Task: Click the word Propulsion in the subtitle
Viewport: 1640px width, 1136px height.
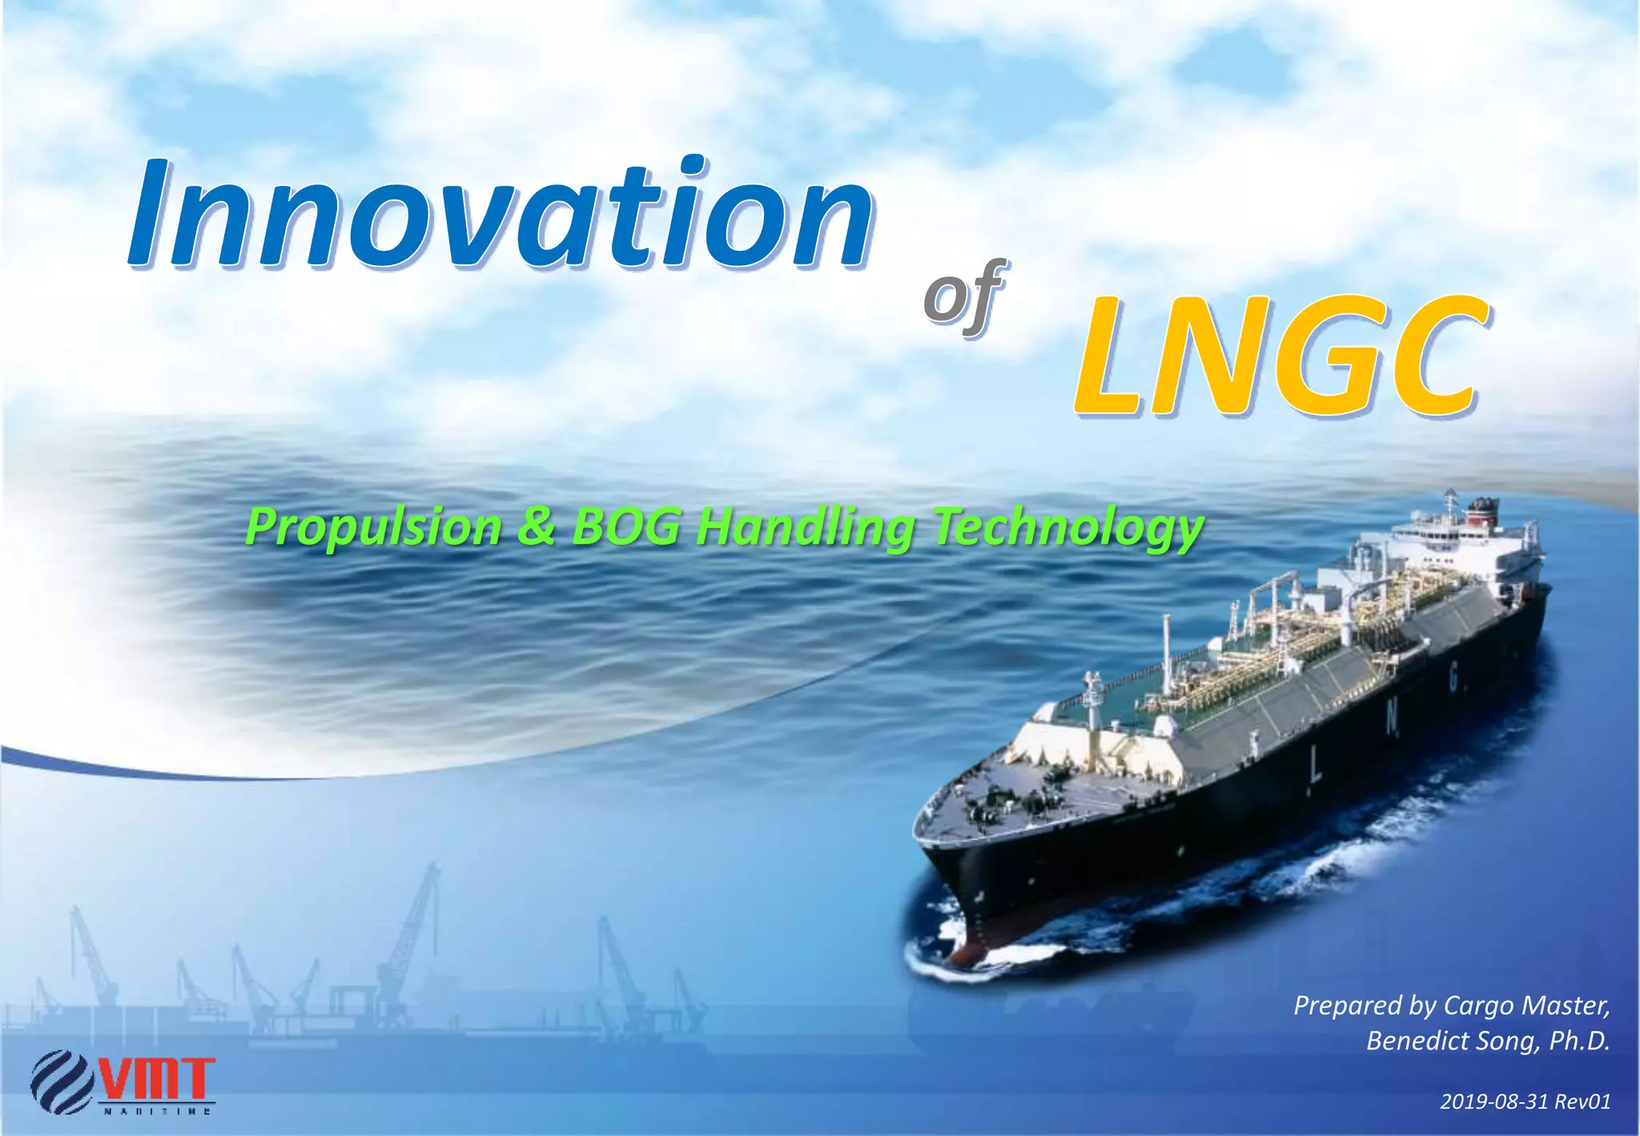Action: (373, 528)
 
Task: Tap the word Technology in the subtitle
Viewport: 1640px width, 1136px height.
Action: (1067, 528)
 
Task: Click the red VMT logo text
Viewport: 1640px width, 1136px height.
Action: (157, 1078)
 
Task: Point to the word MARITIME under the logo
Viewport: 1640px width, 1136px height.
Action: (157, 1112)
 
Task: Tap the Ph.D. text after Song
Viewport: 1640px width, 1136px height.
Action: (1579, 1041)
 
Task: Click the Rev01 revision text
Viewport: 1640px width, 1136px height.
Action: (1582, 1102)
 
